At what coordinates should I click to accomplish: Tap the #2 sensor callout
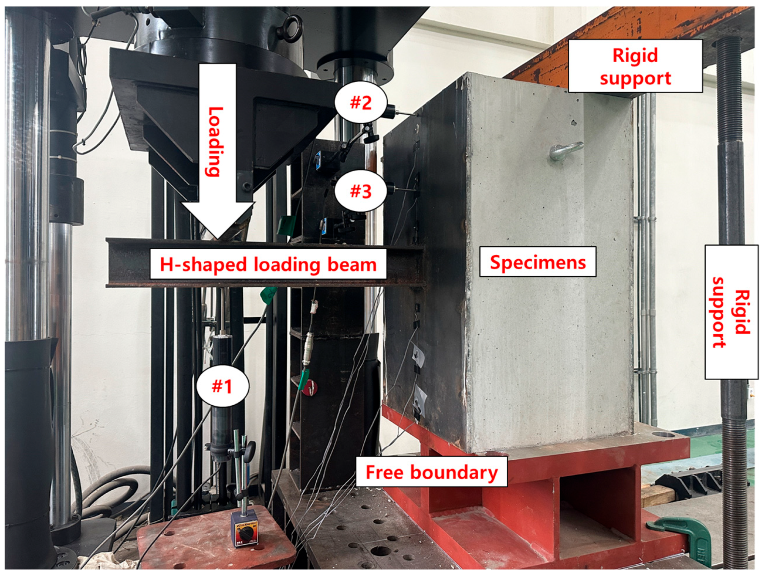pos(361,103)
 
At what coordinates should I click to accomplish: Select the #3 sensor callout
pos(361,191)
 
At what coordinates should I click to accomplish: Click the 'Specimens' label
pos(538,262)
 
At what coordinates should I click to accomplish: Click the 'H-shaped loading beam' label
pos(268,265)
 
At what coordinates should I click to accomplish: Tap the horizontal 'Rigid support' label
pos(635,67)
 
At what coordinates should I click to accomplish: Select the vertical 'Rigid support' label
pos(731,312)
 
